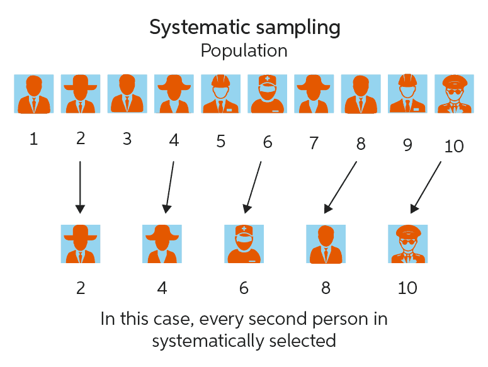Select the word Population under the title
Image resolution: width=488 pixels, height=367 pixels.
pyautogui.click(x=244, y=51)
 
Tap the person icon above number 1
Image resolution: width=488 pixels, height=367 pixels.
pyautogui.click(x=34, y=94)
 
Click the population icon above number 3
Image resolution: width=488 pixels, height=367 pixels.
pyautogui.click(x=127, y=94)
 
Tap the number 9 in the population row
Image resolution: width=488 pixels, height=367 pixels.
pyautogui.click(x=407, y=145)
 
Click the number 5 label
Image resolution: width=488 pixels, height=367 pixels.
pyautogui.click(x=220, y=141)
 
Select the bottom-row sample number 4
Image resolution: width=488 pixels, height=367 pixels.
pyautogui.click(x=162, y=288)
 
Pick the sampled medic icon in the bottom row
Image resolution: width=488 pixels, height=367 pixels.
pyautogui.click(x=244, y=243)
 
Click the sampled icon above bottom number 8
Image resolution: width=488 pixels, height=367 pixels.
pyautogui.click(x=326, y=243)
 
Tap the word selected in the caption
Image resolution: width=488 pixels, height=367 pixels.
pyautogui.click(x=305, y=341)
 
